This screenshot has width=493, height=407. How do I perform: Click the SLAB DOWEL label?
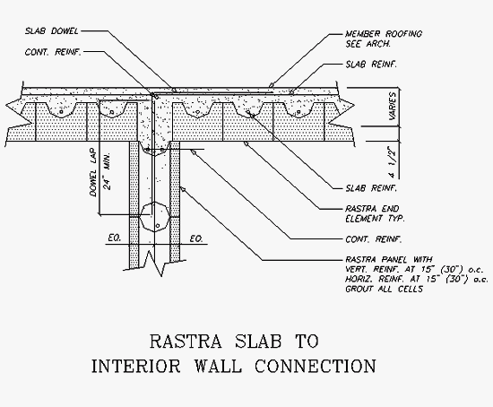coord(52,31)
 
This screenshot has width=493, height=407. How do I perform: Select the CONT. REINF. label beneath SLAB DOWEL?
coord(53,52)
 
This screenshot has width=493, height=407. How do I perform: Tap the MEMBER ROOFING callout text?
coord(384,34)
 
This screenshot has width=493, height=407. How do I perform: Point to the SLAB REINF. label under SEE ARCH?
coord(371,65)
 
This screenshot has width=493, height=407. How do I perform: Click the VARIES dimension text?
coord(393,106)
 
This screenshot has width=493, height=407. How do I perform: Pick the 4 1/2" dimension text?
coord(392,162)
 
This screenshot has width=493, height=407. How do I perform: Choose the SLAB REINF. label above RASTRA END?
coord(371,188)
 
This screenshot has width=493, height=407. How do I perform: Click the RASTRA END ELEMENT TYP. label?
coord(375,213)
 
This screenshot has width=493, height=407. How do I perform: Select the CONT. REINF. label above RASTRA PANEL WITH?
coord(374,239)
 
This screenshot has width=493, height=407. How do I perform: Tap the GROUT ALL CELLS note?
coord(384,289)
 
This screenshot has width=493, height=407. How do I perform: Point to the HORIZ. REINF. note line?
coord(417,279)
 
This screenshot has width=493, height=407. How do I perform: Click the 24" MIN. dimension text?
coord(108,171)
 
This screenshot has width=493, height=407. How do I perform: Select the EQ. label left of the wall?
coord(114,238)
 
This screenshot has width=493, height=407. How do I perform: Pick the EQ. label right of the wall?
coord(196,239)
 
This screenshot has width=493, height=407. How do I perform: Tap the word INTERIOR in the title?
coord(136,366)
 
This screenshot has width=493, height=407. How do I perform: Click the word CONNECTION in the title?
coord(316,366)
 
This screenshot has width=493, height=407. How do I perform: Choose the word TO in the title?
coord(307,342)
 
